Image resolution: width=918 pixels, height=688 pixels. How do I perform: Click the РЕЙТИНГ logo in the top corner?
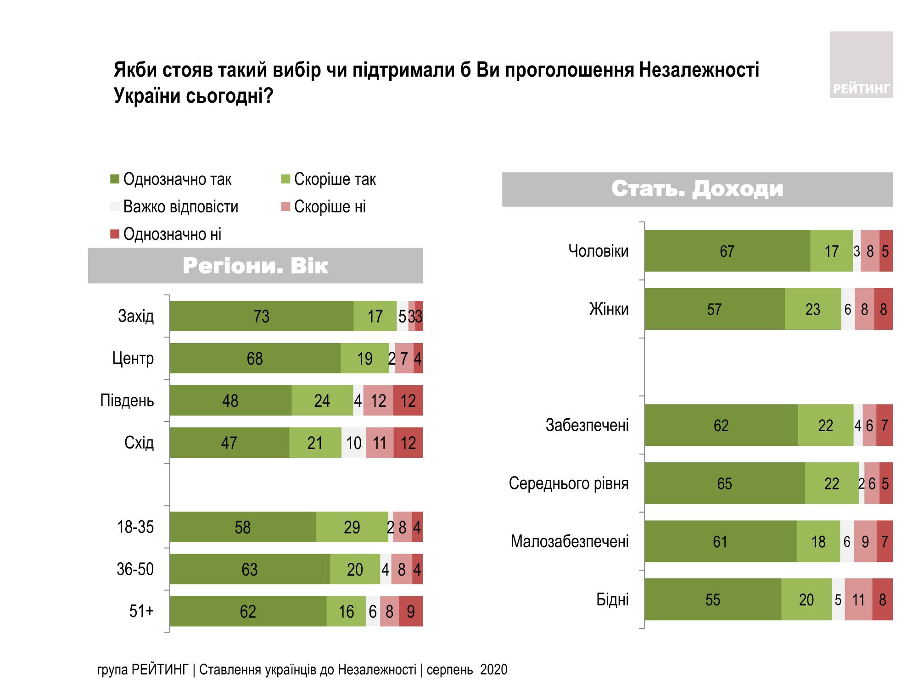point(861,65)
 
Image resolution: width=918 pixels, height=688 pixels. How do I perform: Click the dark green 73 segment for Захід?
point(261,316)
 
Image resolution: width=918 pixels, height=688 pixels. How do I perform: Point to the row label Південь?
point(127,400)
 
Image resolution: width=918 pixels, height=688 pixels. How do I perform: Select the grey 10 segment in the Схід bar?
point(353,443)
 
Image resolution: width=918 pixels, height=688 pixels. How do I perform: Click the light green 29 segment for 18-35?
point(352,527)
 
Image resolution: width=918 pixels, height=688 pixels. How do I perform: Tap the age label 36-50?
point(135,569)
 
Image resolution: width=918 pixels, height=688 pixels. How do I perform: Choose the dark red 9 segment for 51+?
point(410,611)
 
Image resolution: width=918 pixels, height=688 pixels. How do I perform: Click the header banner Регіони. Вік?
point(255,266)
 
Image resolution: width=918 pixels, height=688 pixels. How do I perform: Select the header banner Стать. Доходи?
point(697,189)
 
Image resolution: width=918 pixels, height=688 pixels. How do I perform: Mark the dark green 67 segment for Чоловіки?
point(727,251)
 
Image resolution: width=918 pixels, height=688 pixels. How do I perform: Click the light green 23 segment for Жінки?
point(812,309)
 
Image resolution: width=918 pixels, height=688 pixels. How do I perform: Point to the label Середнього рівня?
point(568,483)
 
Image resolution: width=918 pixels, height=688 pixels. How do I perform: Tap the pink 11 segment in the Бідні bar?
point(858,599)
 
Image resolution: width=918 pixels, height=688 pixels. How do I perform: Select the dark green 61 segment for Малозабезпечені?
point(720,542)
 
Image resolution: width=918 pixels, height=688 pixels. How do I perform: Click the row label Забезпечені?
point(587,425)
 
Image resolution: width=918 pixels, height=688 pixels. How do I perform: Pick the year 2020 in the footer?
point(494,670)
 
